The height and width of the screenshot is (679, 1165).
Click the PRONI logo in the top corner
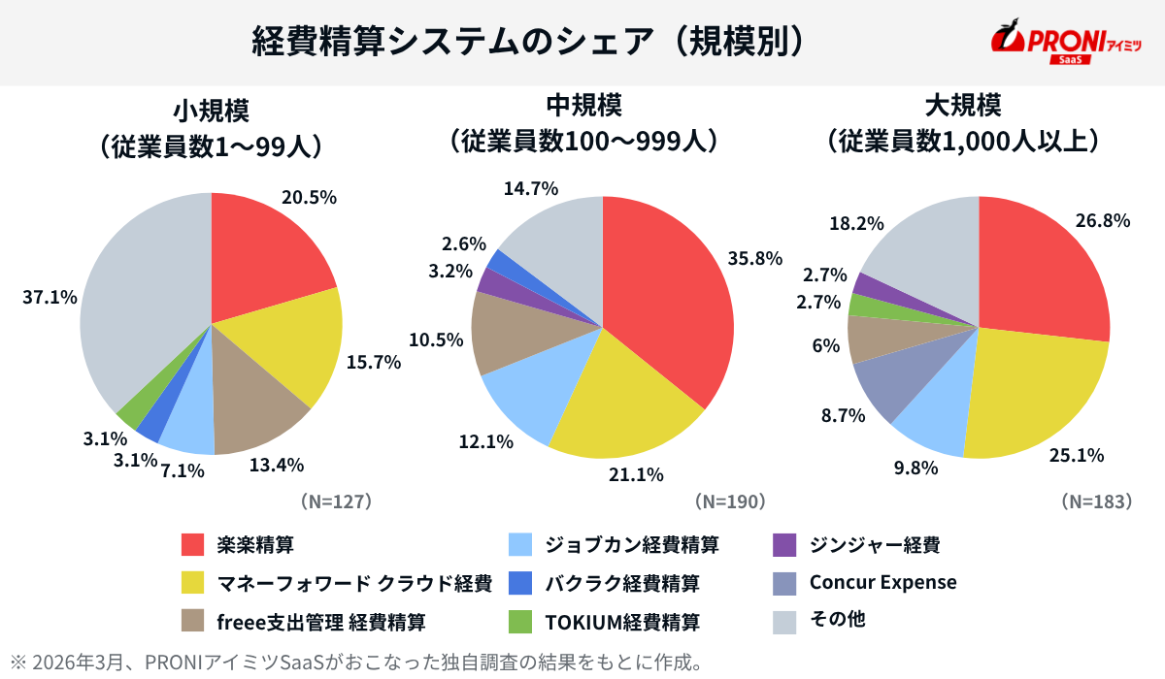coord(1066,42)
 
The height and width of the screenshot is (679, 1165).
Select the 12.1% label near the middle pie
coord(485,441)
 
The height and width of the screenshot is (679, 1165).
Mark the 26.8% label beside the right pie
coord(1103,220)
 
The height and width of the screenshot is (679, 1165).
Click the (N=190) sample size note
coord(731,501)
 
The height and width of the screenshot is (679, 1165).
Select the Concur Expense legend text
coord(882,582)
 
